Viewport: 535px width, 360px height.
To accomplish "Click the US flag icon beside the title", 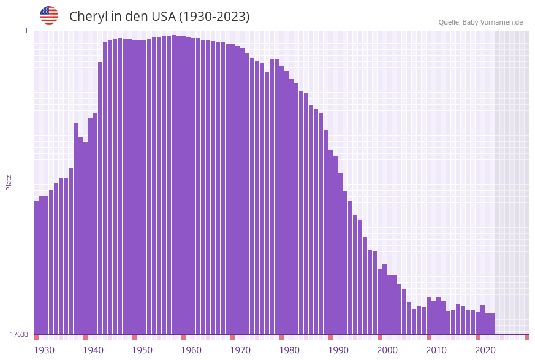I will click(x=49, y=15).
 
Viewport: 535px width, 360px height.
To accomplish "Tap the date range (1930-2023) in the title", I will click(x=214, y=17).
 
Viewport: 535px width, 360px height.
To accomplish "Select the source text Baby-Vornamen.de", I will click(x=492, y=22).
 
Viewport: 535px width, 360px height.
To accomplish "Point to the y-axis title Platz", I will click(x=9, y=182).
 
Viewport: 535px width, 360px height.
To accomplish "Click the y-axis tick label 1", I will click(x=26, y=31).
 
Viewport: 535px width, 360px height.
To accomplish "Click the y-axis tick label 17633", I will click(x=19, y=334).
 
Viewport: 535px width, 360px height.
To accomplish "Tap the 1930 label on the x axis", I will click(x=44, y=350).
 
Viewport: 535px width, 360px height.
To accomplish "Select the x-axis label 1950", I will click(x=142, y=350).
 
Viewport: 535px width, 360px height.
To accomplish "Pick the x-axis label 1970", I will click(x=240, y=350).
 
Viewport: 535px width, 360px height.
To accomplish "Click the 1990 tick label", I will click(x=338, y=350).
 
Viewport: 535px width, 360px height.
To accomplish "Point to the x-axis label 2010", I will click(x=436, y=350).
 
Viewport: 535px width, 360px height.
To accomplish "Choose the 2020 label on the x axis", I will click(x=485, y=350).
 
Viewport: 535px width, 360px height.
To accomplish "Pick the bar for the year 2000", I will click(x=380, y=301).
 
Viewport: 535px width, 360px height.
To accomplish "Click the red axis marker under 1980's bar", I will click(x=282, y=337).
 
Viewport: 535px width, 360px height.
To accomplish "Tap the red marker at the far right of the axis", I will click(x=526, y=337).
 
